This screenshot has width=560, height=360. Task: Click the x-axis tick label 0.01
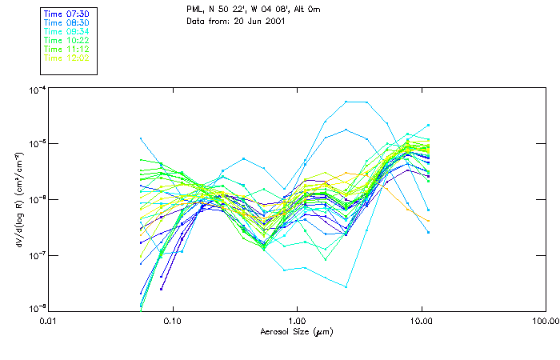(49, 321)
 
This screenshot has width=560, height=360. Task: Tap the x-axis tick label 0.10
(173, 321)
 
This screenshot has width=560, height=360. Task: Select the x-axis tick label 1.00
(297, 321)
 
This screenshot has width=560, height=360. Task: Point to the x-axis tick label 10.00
(421, 321)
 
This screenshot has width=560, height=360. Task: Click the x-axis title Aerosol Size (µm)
(297, 330)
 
